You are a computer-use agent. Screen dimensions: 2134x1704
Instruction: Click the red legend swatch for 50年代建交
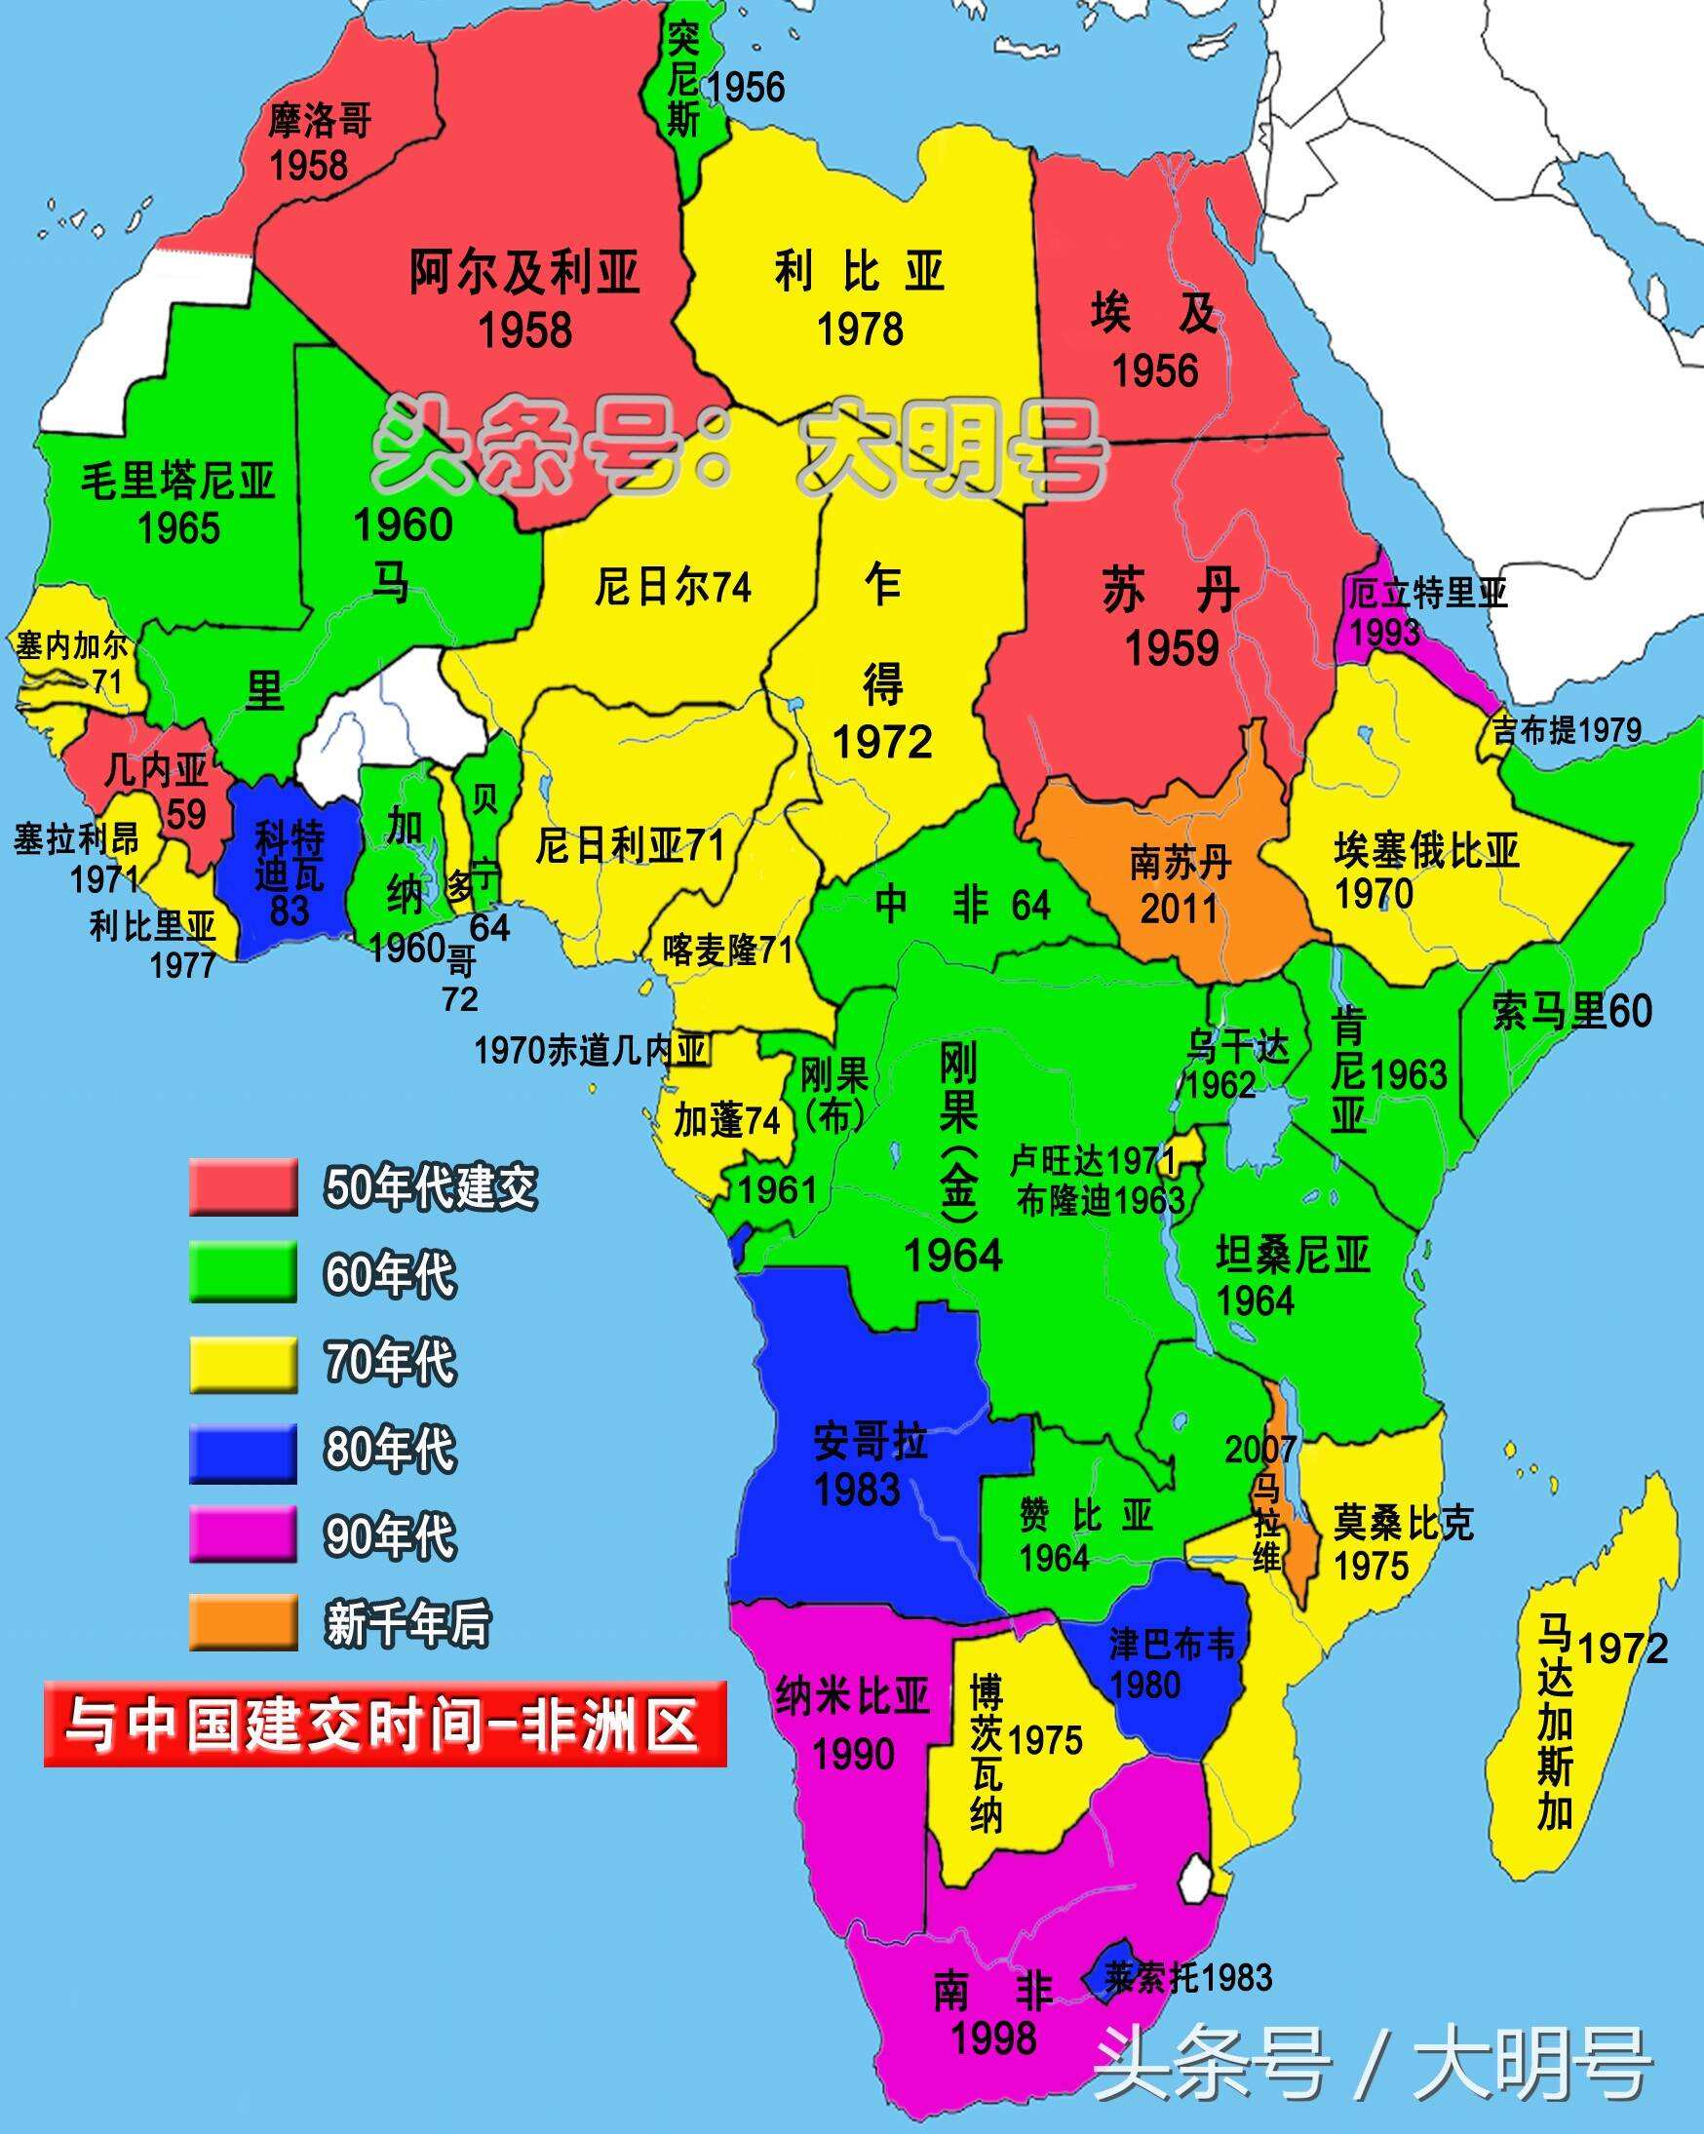coord(244,1186)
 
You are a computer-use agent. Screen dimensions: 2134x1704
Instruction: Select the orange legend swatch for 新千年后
coord(244,1622)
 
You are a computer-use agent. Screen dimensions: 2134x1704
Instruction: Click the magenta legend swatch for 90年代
coord(244,1536)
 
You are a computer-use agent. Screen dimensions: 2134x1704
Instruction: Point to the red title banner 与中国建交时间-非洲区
coord(385,1725)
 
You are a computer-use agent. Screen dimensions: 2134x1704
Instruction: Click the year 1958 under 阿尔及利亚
coord(525,330)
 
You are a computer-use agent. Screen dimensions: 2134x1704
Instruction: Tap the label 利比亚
coord(859,272)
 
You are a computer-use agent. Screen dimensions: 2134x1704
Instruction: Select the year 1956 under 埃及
coord(1155,371)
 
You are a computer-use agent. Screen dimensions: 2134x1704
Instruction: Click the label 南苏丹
coord(1181,863)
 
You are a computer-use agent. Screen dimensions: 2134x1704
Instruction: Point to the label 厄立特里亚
coord(1427,594)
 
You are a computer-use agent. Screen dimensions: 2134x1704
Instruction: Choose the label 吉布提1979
coord(1567,730)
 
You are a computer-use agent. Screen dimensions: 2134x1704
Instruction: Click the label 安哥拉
coord(870,1442)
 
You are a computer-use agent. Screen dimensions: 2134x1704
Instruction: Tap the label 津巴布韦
coord(1173,1644)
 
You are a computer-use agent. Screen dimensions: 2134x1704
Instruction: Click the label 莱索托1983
coord(1188,1978)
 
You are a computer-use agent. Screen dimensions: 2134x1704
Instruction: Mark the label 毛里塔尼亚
coord(177,482)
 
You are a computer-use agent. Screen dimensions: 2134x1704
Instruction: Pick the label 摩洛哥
coord(320,121)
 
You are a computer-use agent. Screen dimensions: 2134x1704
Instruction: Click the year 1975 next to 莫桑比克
coord(1371,1566)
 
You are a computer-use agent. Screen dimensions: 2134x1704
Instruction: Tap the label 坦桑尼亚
coord(1293,1256)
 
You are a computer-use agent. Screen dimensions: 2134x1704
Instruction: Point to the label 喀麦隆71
coord(727,951)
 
